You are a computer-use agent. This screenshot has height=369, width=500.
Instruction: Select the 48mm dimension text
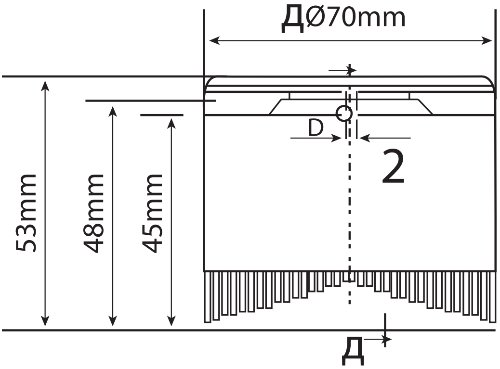pos(93,212)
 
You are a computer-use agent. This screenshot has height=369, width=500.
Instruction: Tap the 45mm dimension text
pos(153,212)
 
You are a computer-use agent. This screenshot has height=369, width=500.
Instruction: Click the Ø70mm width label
pos(355,18)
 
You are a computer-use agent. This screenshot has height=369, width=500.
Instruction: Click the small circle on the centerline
pos(344,114)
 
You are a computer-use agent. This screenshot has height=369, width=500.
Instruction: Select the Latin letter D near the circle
pos(316,128)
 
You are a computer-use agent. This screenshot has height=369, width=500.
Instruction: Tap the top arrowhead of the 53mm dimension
pos(45,86)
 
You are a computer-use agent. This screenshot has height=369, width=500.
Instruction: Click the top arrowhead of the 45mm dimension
pos(171,123)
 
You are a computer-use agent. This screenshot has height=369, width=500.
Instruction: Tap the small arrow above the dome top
pos(351,70)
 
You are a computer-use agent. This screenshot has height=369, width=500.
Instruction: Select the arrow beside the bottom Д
pos(385,340)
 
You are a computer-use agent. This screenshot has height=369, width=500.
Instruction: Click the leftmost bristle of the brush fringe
pos(208,296)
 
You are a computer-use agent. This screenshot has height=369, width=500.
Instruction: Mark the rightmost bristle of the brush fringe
pos(492,296)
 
